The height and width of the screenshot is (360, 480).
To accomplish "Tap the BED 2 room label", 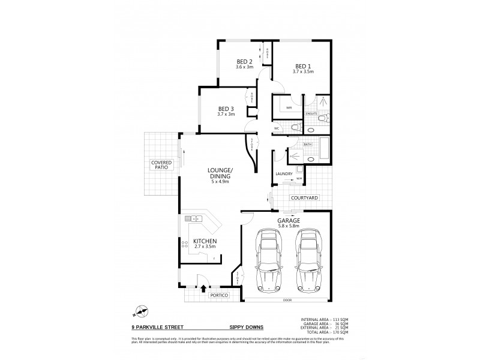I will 244,62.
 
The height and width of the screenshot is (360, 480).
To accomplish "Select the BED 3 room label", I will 226,108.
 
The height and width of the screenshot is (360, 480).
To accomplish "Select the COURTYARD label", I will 305,197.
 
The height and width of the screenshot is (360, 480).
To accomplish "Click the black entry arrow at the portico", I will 202,289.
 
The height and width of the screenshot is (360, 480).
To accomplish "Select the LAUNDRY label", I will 284,174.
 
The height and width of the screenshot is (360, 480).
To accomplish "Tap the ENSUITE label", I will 311,113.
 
